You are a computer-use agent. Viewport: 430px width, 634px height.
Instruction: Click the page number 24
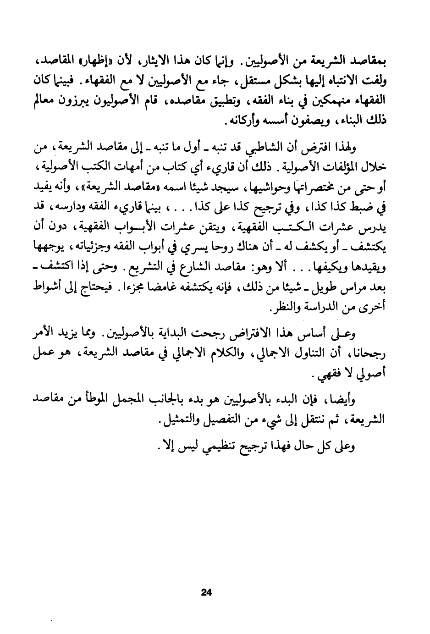(x=206, y=592)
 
